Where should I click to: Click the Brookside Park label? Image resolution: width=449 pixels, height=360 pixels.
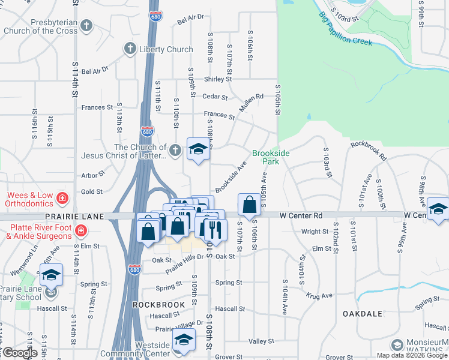271,157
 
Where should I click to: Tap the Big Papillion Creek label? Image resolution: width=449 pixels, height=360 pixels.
345,28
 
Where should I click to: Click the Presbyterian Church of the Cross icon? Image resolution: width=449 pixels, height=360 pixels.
87,26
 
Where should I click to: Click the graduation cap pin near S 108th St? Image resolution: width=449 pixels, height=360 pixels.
197,150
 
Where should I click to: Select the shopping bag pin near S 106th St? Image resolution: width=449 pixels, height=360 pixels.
249,205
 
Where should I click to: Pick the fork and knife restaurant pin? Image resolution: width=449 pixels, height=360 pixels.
214,229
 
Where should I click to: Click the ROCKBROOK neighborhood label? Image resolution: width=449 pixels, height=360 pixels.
158,305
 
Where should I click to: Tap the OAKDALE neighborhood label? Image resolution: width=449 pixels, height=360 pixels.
363,313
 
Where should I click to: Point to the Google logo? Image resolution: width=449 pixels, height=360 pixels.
20,353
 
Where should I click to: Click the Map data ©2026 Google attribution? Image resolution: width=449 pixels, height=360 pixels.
412,355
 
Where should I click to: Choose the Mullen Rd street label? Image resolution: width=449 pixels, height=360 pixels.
252,104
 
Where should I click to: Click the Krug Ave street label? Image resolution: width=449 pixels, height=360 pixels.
319,296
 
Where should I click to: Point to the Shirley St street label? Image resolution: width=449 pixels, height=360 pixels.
218,79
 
